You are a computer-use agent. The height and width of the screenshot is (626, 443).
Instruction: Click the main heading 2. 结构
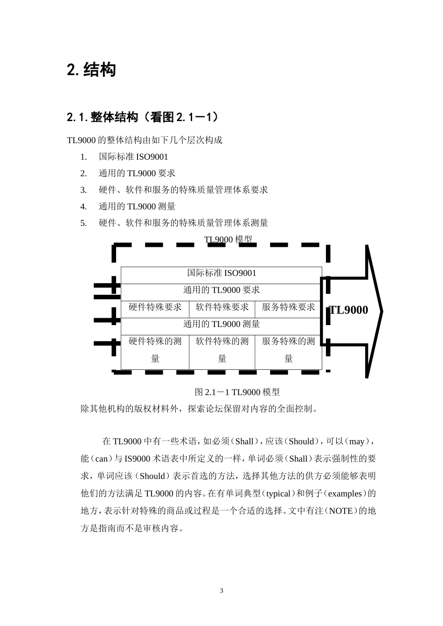91,70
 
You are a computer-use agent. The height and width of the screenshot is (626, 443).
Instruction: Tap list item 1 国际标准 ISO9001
133,157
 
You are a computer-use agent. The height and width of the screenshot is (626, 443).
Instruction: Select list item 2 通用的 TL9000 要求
137,173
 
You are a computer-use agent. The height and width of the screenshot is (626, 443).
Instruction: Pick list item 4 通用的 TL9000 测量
137,206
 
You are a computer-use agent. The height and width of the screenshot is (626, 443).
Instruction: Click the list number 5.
83,223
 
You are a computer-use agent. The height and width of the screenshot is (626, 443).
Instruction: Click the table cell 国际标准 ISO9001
221,273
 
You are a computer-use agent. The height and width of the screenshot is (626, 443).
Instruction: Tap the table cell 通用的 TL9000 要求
221,290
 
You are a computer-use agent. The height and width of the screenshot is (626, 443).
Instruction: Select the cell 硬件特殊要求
155,307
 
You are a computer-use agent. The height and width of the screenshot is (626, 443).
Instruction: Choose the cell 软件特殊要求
222,307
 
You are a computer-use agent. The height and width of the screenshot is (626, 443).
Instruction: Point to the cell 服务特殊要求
288,307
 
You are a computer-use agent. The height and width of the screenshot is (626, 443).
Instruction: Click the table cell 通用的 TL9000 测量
221,324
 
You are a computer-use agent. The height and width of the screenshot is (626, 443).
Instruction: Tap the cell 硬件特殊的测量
155,350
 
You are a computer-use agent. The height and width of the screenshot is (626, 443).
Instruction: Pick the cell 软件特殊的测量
222,350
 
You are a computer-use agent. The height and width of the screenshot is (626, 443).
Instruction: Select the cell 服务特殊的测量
288,350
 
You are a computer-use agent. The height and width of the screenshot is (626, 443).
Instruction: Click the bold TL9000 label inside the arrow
349,310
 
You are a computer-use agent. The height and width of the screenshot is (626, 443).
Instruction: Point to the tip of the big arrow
381,311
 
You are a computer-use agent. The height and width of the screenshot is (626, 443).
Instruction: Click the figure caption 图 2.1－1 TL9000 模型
237,392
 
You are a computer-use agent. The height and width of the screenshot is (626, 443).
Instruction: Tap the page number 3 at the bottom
221,591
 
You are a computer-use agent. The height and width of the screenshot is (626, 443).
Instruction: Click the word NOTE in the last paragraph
341,511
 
